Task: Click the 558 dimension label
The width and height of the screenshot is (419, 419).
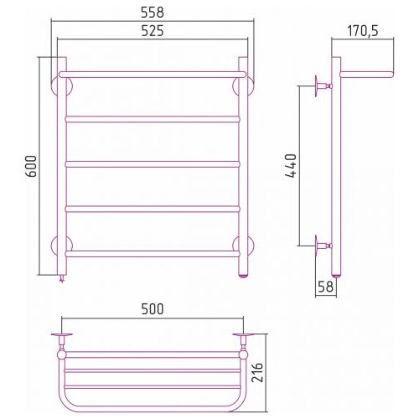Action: [153, 13]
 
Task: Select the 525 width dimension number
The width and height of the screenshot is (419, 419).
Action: [153, 31]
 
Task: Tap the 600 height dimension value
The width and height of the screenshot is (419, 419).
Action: [32, 166]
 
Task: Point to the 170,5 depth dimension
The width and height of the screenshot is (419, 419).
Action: [363, 31]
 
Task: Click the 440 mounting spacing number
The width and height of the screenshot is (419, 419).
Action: [291, 166]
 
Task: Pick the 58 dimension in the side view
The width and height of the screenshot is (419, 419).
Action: [325, 287]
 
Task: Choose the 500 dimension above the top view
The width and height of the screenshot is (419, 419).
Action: [153, 309]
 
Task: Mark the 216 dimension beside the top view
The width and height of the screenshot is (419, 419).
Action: [257, 372]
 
